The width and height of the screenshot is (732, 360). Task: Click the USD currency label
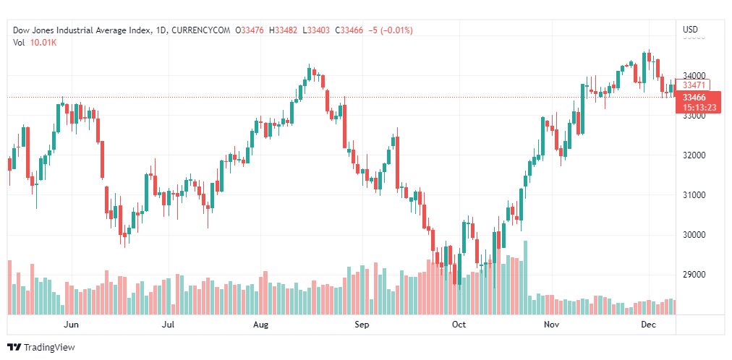690,30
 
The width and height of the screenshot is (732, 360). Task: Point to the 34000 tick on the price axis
694,75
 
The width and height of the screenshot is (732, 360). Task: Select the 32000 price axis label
694,155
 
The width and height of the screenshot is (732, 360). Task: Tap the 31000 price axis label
694,195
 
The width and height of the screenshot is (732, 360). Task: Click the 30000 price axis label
694,235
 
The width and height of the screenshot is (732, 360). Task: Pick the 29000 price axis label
694,275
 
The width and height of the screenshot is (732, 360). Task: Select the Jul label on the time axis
169,325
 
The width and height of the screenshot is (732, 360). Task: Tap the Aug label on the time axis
261,325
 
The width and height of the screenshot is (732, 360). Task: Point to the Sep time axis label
362,325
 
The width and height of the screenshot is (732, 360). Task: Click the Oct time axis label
459,325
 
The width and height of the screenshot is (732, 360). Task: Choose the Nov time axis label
553,325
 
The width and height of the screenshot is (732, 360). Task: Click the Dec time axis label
649,325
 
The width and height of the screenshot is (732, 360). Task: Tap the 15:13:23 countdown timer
699,108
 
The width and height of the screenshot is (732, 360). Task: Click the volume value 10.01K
43,43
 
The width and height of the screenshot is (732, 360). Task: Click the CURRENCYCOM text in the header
204,30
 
